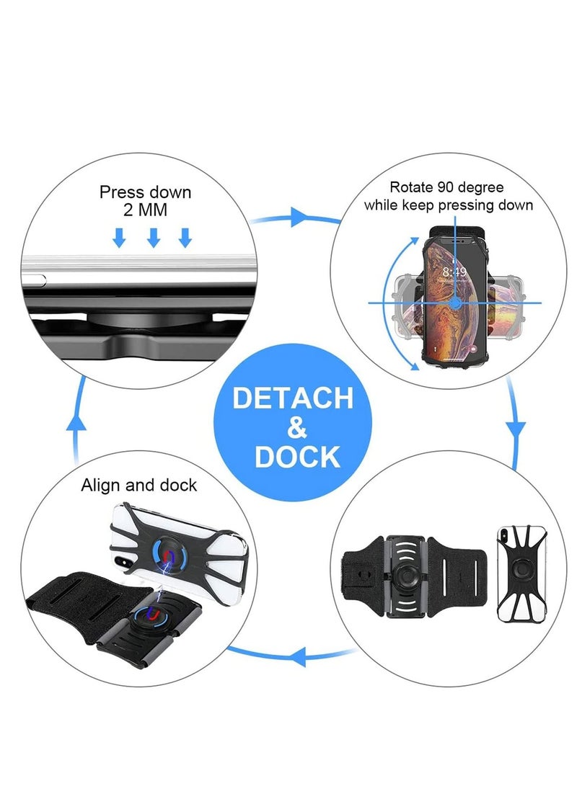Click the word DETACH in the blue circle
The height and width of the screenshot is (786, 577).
point(293,398)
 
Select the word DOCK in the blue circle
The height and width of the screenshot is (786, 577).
point(296,457)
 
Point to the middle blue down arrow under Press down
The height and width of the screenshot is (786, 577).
point(153,237)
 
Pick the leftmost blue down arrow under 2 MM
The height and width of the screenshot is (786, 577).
point(119,237)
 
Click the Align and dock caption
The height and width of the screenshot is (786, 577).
point(138,485)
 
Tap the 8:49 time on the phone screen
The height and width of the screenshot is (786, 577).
point(455,272)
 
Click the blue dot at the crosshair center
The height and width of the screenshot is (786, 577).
point(455,303)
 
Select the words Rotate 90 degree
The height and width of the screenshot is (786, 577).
point(448,187)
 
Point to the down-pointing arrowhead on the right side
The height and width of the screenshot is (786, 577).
point(514,429)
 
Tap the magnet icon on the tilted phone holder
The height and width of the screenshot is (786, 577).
point(169,555)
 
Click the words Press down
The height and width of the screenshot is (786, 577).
point(145,192)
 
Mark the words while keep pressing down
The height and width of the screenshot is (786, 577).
point(448,205)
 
